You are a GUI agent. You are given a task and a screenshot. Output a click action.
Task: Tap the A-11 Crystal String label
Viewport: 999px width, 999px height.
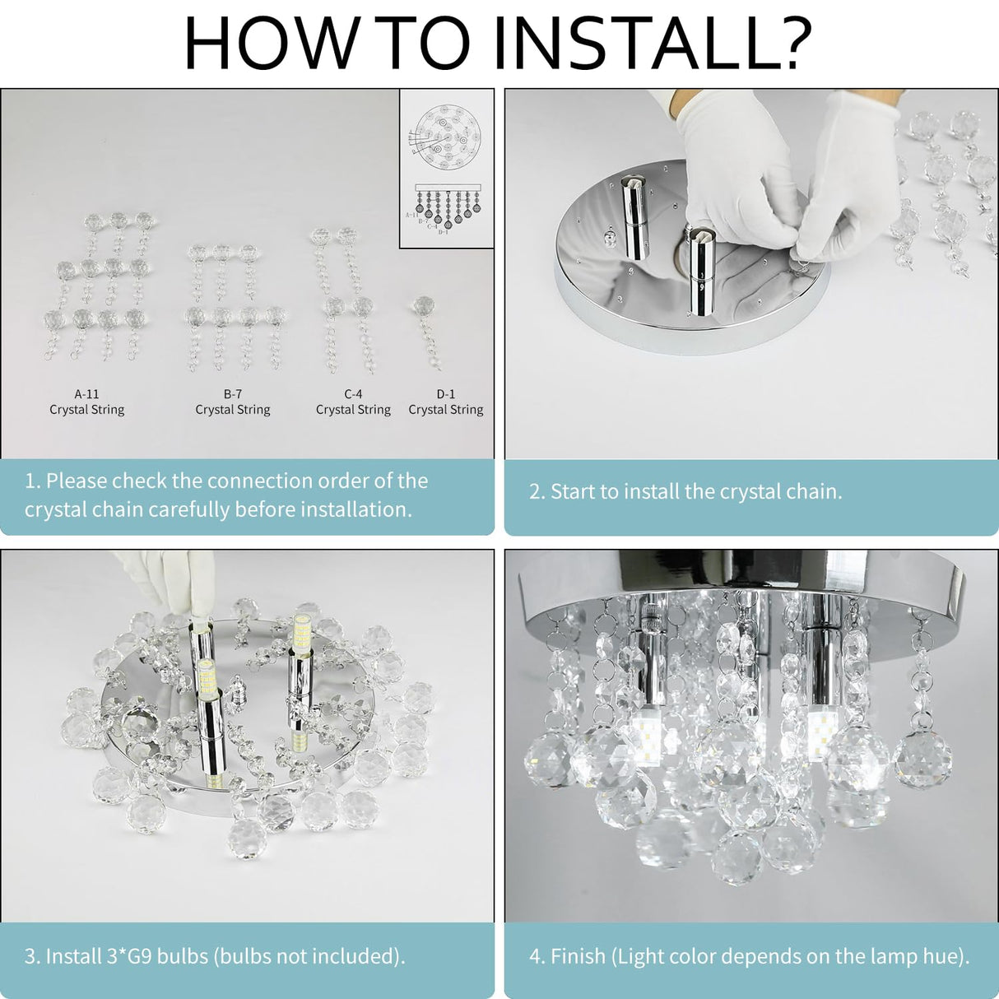coord(86,402)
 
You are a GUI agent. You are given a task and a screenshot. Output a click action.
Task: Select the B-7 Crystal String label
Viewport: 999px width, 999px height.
coord(233,402)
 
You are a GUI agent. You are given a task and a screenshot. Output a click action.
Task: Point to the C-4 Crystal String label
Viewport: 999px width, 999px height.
coord(353,402)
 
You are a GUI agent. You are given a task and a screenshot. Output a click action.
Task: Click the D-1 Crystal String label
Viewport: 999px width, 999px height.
coord(446,402)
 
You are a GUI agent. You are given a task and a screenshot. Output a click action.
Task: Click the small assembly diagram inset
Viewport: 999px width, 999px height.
coord(446,168)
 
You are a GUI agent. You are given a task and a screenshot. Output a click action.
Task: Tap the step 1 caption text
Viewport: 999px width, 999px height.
coord(226,495)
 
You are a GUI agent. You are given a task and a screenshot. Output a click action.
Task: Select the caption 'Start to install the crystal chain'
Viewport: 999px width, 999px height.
coord(685,491)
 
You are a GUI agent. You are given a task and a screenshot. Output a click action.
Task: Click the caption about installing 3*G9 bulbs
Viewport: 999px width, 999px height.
coord(215,955)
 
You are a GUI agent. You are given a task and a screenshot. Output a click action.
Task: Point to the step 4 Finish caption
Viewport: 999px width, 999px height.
coord(749,955)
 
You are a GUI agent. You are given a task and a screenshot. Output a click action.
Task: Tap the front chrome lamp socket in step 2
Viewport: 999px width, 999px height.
coord(702,276)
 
